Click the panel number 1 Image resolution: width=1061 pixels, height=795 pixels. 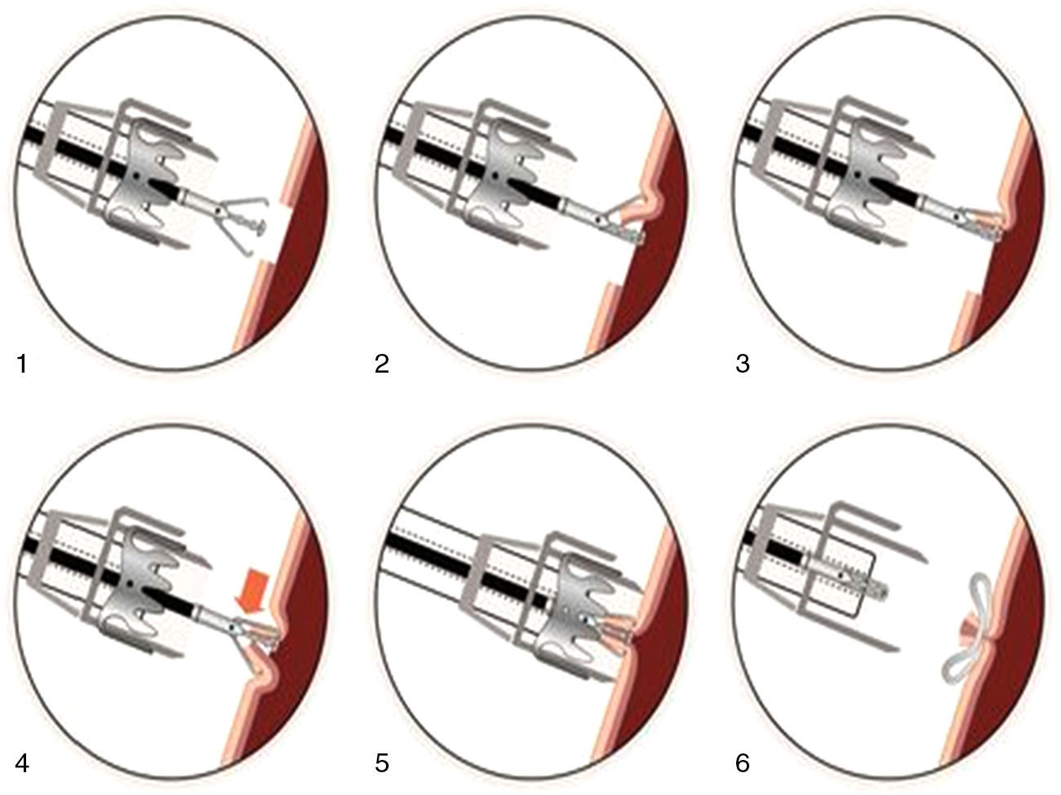click(22, 364)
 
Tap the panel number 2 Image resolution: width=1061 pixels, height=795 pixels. click(382, 364)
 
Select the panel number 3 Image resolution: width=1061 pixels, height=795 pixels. click(743, 364)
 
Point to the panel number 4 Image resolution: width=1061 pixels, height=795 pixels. click(22, 763)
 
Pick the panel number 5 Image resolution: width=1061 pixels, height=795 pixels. click(382, 763)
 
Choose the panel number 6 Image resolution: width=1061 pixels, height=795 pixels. click(743, 763)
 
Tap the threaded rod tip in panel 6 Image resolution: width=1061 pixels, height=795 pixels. click(884, 590)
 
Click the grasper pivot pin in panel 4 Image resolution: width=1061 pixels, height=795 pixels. click(234, 628)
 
